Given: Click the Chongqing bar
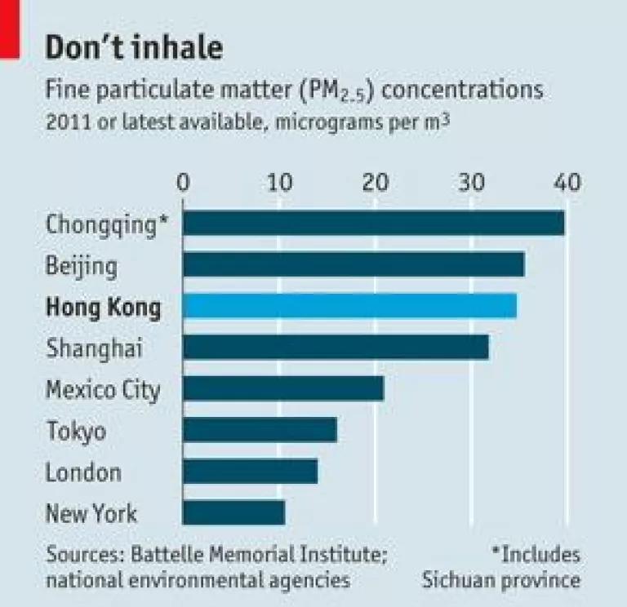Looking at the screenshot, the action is coord(374,223).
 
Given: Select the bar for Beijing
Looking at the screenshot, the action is coord(354,264).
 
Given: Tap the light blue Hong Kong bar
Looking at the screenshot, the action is coord(350,306).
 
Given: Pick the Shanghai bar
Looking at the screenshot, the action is coord(336,348).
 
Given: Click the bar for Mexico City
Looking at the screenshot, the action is coord(283,388).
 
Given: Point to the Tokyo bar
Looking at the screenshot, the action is coord(260,430).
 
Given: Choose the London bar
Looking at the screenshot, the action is coord(251,472).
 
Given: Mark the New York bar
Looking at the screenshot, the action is coord(234,512).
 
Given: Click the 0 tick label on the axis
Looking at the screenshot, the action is coord(183,183).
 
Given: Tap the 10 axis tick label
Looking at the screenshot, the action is coord(279,183).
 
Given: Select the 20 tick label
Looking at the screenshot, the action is coord(376,183).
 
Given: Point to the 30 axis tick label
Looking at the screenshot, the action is coord(471,183).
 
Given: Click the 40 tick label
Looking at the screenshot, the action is coord(567,183).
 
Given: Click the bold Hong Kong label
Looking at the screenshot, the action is coord(104,308).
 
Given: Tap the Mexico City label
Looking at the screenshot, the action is coord(103,391).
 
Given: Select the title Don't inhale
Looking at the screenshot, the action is coord(135,47).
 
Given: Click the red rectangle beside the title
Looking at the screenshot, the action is coord(10,29).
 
